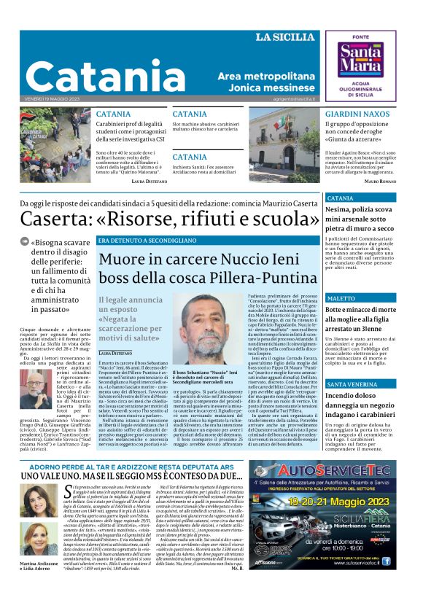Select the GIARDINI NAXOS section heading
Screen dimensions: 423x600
(356, 115)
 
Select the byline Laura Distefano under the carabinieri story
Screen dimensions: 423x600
(149, 180)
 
